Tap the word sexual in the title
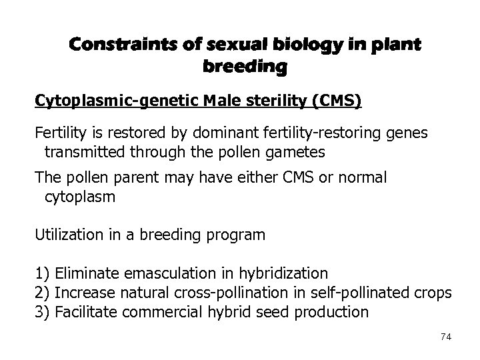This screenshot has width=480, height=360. click(229, 45)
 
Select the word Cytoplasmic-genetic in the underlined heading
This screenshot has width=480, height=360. click(100, 102)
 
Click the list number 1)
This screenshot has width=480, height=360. click(43, 273)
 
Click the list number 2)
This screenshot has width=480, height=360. click(43, 292)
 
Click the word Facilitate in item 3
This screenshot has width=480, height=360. click(83, 311)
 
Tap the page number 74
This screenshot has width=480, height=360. click(446, 337)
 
